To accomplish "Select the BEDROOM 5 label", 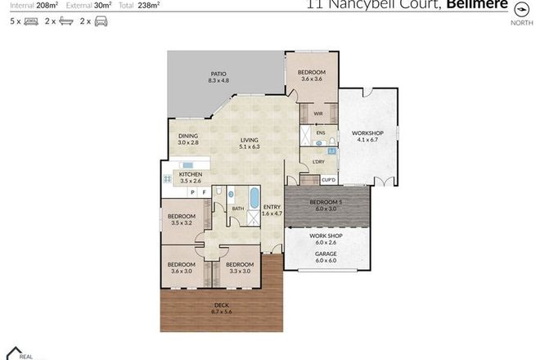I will pyautogui.click(x=326, y=204).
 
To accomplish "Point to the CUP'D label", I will pyautogui.click(x=329, y=179).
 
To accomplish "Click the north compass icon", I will pyautogui.click(x=519, y=11).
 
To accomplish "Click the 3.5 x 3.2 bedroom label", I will pyautogui.click(x=182, y=219).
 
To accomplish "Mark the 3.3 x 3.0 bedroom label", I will pyautogui.click(x=238, y=268).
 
